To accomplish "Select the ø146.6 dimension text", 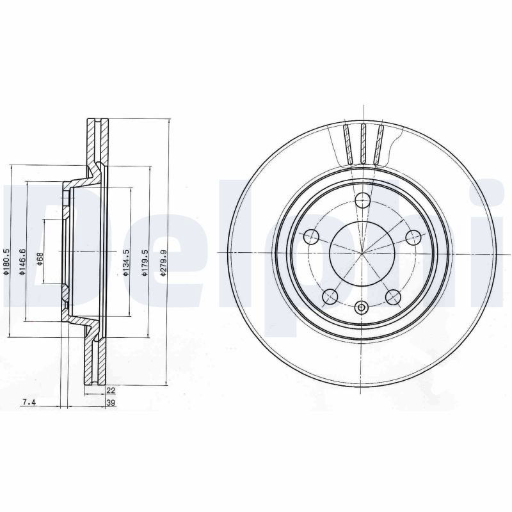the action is (22, 262).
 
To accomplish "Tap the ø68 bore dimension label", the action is (40, 259).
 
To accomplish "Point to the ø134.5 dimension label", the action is (125, 262).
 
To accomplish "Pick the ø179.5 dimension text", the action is (145, 263).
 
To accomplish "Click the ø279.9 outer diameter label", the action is (163, 263).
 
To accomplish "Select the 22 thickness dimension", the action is (111, 390).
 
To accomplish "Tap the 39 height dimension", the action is (111, 403).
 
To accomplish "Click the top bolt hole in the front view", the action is (362, 200).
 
